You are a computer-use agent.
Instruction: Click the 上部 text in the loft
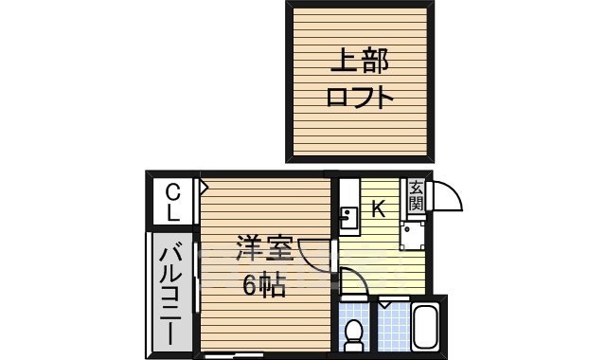[x=359, y=63]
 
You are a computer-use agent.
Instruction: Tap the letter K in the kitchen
[x=377, y=209]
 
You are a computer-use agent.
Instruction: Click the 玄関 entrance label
[x=416, y=198]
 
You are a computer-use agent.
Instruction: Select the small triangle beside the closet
[x=203, y=186]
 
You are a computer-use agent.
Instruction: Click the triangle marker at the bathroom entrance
[x=386, y=305]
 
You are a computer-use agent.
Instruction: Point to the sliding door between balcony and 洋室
[x=197, y=275]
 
